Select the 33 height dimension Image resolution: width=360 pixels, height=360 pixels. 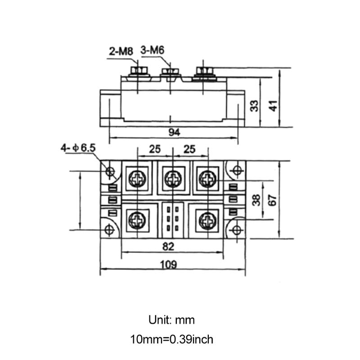point(255,106)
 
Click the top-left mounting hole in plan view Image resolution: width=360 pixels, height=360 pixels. point(110,171)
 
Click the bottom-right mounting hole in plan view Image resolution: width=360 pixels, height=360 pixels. point(236,230)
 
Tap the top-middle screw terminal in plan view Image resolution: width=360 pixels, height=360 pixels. point(172,179)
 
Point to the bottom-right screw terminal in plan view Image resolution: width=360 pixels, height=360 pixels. point(207,220)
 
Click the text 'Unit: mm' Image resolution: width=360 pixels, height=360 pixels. point(171,320)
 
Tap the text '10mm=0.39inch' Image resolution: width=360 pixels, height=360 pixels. point(171,339)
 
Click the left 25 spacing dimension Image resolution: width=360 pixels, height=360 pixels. point(155,149)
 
